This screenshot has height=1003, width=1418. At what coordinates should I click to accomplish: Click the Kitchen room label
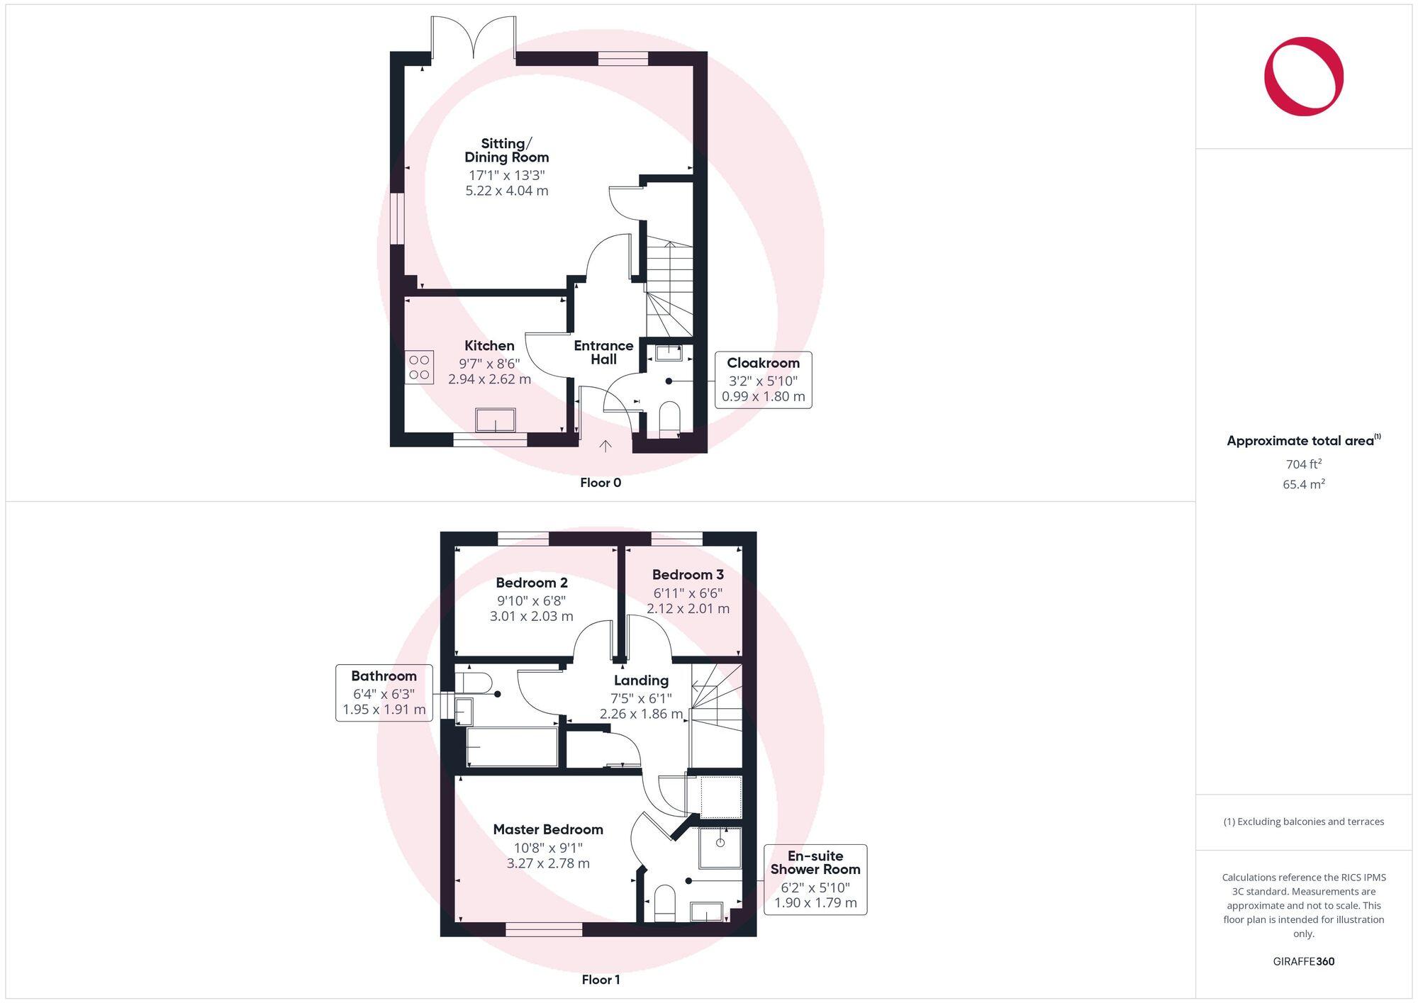pyautogui.click(x=489, y=346)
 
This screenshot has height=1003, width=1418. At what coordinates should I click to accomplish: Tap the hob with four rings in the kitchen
pyautogui.click(x=419, y=367)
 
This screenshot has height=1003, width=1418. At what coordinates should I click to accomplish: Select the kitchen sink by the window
pyautogui.click(x=496, y=420)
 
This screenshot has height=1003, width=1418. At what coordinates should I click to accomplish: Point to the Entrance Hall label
pyautogui.click(x=603, y=352)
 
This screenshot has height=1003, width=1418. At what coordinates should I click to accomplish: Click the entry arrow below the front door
pyautogui.click(x=605, y=446)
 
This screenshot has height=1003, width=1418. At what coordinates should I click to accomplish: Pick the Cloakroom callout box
pyautogui.click(x=763, y=380)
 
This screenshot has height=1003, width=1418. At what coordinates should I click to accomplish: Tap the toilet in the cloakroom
pyautogui.click(x=669, y=419)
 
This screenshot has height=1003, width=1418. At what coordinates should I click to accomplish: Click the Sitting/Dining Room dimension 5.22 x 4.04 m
pyautogui.click(x=507, y=191)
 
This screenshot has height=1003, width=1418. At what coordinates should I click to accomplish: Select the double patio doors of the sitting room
pyautogui.click(x=474, y=35)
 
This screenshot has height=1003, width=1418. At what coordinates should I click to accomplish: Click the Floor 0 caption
pyautogui.click(x=601, y=483)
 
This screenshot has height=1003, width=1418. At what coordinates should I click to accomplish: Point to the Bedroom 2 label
pyautogui.click(x=532, y=583)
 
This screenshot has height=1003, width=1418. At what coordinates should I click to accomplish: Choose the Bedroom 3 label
pyautogui.click(x=688, y=575)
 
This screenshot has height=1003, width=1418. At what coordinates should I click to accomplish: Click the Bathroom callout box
pyautogui.click(x=384, y=693)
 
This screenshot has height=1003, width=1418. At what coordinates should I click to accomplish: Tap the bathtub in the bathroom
pyautogui.click(x=512, y=746)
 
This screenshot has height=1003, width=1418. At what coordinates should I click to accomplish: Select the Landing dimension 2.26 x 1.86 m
pyautogui.click(x=641, y=714)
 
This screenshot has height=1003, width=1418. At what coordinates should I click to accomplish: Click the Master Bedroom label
pyautogui.click(x=548, y=829)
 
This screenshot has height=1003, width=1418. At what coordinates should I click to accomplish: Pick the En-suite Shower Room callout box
pyautogui.click(x=815, y=879)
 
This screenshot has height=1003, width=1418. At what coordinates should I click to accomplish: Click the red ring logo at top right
pyautogui.click(x=1303, y=77)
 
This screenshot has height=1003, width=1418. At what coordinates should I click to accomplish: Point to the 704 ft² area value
pyautogui.click(x=1303, y=464)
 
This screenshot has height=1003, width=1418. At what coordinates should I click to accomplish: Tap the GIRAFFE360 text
pyautogui.click(x=1303, y=962)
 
